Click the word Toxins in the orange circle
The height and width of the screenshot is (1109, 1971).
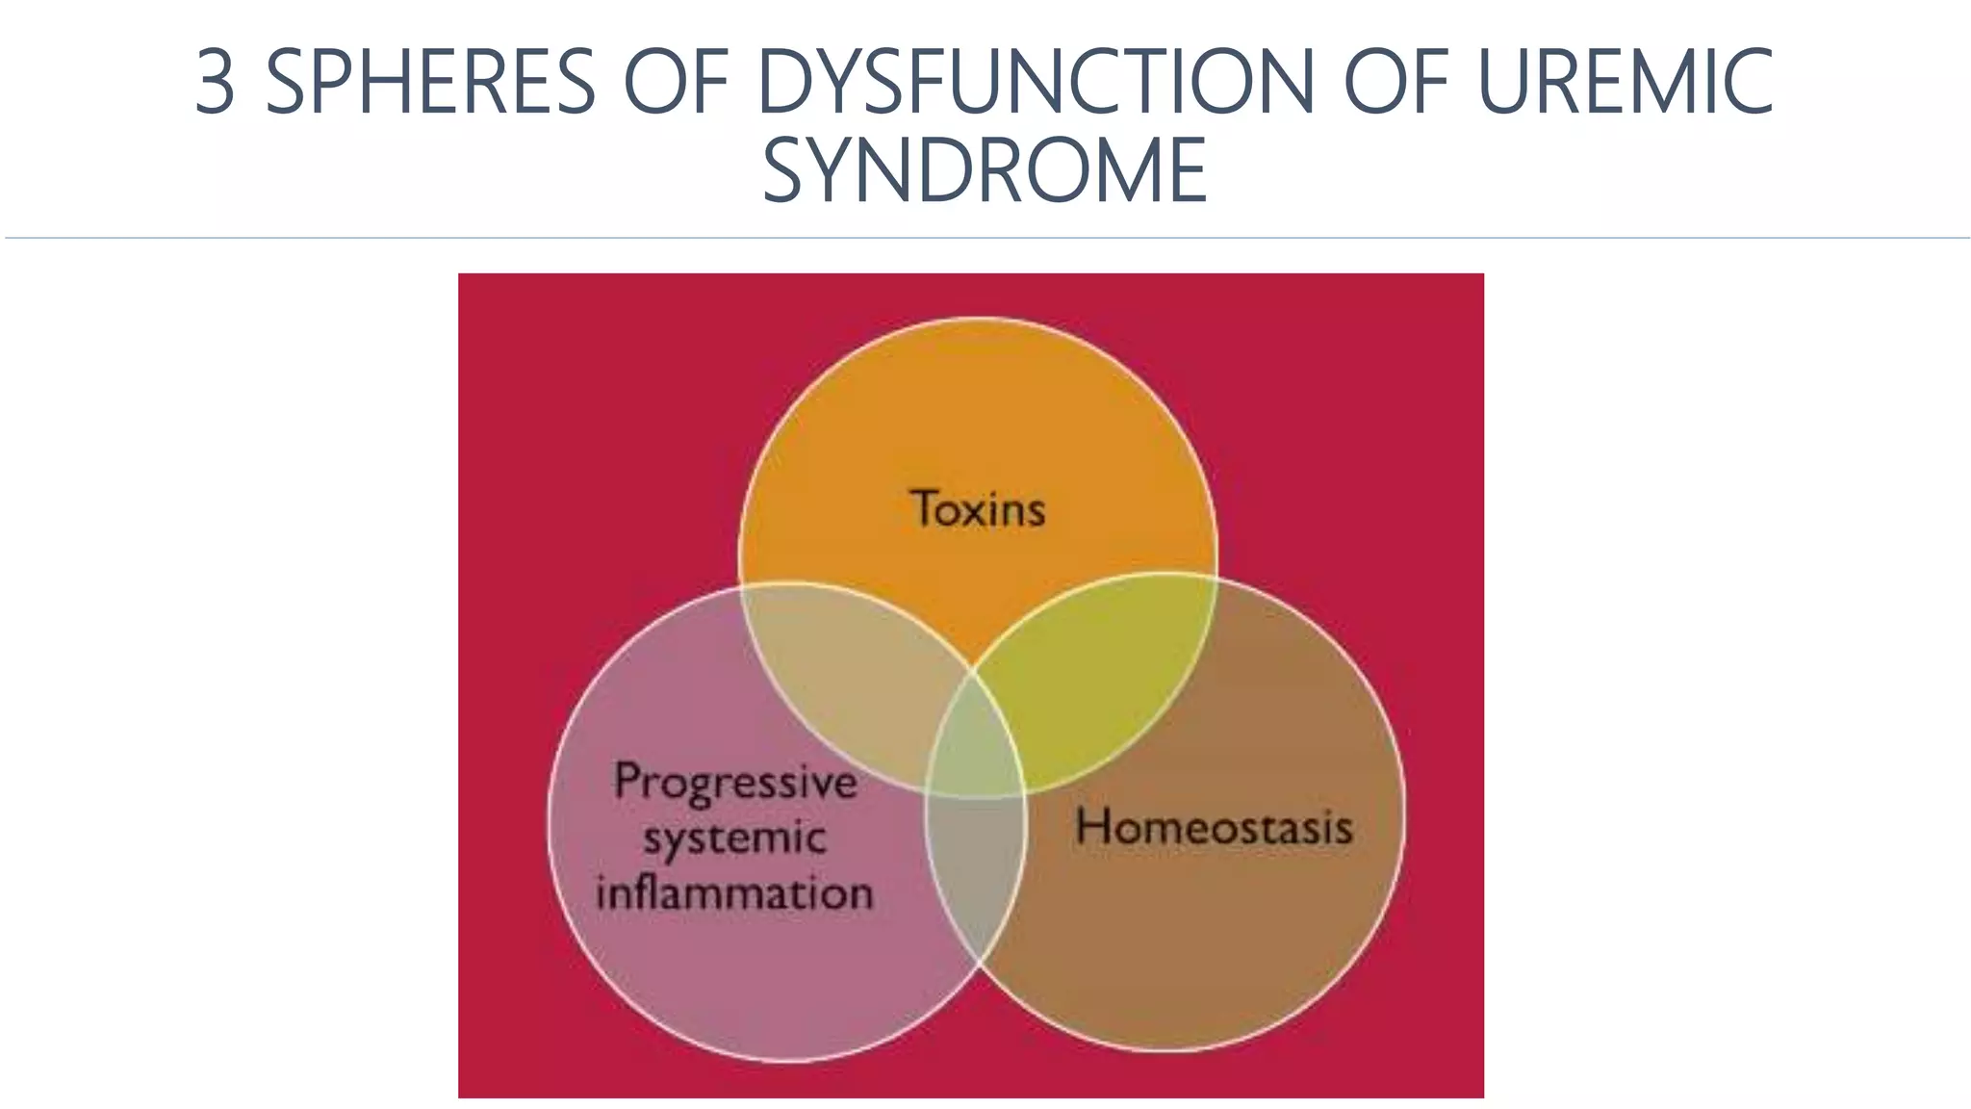coord(978,508)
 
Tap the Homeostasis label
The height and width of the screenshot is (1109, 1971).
coord(1214,827)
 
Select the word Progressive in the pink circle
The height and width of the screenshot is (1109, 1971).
coord(735,782)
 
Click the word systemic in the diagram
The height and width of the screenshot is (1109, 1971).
coord(734,838)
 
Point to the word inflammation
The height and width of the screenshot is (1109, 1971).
coord(734,892)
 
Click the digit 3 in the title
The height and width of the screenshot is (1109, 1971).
coord(216,82)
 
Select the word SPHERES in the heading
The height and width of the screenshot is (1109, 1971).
coord(430,82)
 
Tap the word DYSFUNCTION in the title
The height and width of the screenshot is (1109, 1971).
coord(1036,82)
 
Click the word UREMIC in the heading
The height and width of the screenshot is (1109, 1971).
coord(1625,82)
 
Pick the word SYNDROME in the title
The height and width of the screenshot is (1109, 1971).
coord(985,170)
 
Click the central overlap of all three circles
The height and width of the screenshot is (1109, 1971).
coord(975,741)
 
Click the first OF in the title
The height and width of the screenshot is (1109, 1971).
coord(677,82)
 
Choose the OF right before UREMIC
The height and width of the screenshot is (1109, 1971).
coord(1395,82)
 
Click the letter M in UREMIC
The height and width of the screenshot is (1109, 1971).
coord(1674,82)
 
